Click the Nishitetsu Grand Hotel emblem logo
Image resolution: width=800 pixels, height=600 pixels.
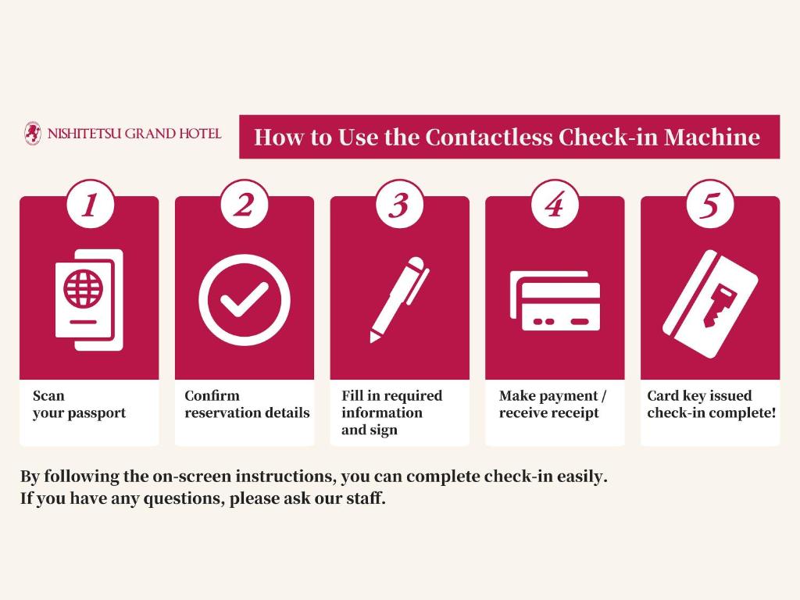33,133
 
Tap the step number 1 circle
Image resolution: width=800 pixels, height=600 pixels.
91,205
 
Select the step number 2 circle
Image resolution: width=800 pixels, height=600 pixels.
245,205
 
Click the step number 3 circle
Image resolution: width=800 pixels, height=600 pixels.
399,205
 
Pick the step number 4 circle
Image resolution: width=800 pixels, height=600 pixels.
555,205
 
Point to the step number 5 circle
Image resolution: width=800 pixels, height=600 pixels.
709,205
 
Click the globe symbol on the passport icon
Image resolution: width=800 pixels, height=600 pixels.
83,288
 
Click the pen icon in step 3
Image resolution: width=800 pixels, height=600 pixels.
399,299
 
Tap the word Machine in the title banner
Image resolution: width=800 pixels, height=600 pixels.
712,137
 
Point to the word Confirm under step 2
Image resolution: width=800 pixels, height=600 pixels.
212,396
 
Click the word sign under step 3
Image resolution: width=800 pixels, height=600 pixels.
384,430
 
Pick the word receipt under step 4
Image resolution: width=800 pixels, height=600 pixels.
575,413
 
